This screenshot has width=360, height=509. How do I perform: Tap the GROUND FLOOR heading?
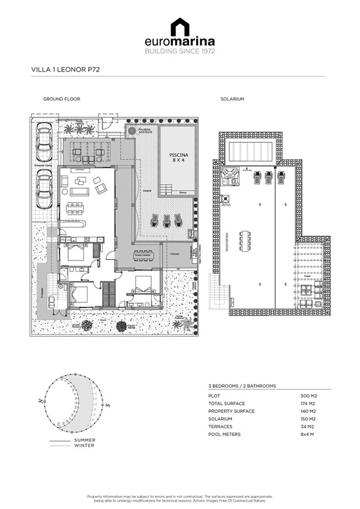coord(62,99)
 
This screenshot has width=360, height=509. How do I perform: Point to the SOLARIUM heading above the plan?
coord(232,99)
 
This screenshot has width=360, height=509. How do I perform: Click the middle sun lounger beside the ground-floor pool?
coord(167,220)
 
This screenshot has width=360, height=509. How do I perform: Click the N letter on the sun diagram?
coord(41,402)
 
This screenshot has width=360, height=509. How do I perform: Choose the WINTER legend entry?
coord(84,446)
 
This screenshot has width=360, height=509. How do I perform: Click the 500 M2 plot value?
coord(309,396)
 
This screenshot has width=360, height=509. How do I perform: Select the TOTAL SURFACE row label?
coord(226,404)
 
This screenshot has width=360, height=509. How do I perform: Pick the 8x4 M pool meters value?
coord(308,434)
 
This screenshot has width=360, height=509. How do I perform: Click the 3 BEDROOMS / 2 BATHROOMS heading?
coord(242,386)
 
